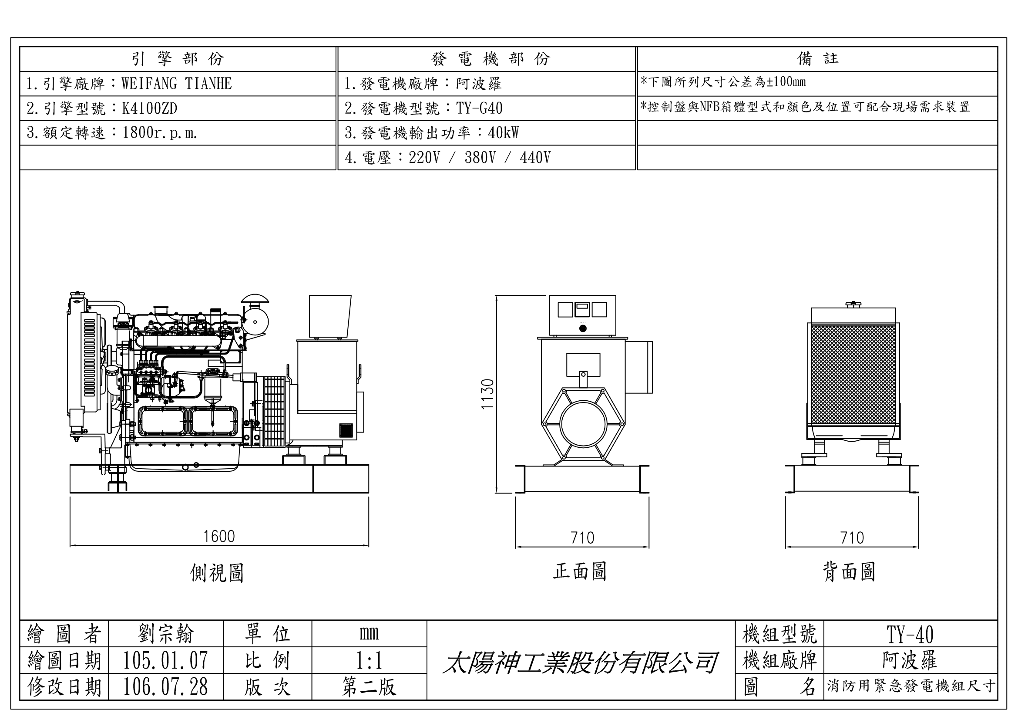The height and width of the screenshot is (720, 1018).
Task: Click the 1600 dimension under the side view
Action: click(x=218, y=537)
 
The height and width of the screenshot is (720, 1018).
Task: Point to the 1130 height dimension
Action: click(x=488, y=394)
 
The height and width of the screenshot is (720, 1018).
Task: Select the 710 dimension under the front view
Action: click(x=582, y=538)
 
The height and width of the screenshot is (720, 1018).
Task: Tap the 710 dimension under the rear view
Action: click(x=852, y=538)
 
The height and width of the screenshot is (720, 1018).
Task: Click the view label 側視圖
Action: click(x=217, y=573)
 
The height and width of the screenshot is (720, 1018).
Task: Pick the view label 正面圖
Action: click(x=580, y=572)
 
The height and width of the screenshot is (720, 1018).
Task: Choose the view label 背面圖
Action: click(x=849, y=572)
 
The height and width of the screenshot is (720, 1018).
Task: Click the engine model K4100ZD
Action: click(x=150, y=108)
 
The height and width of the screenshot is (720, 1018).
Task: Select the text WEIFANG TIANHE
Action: click(x=176, y=83)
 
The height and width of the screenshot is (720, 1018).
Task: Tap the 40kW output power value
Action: click(x=503, y=133)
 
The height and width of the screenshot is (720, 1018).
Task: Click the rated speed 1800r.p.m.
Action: click(x=160, y=133)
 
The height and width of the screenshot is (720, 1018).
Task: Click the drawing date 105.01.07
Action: click(x=165, y=661)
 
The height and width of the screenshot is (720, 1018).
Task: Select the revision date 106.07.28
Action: click(x=165, y=687)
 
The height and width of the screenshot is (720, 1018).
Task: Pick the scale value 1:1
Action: click(x=369, y=661)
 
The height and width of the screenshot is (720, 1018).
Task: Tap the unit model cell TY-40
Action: click(x=910, y=634)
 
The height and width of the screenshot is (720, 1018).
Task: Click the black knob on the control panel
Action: click(x=583, y=328)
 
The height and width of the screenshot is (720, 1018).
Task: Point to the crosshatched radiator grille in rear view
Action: click(x=853, y=375)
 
